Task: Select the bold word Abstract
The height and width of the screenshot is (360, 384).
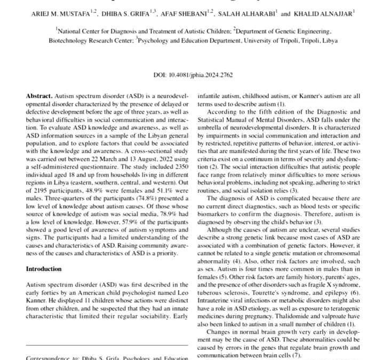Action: pyautogui.click(x=39, y=96)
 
